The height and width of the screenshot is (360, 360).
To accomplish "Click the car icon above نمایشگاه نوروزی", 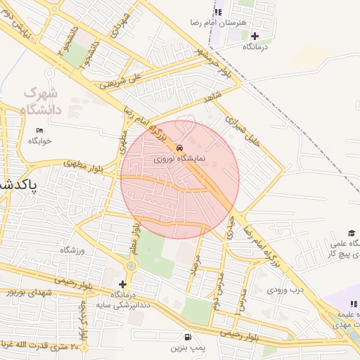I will [x=180, y=148].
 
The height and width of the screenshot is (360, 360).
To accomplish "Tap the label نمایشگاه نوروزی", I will [x=180, y=159].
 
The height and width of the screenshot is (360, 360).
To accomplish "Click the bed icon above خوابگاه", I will [x=39, y=130].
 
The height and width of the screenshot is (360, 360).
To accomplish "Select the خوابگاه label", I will [x=40, y=141].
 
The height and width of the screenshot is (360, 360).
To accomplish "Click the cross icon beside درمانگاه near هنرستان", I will [x=255, y=35].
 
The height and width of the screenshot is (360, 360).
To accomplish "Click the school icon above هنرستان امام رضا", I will [x=218, y=12].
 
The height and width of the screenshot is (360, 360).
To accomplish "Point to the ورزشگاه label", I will [x=72, y=250].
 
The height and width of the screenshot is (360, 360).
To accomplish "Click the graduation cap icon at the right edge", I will [x=351, y=233].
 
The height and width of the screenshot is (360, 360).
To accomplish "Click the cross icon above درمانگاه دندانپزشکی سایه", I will [x=122, y=283].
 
